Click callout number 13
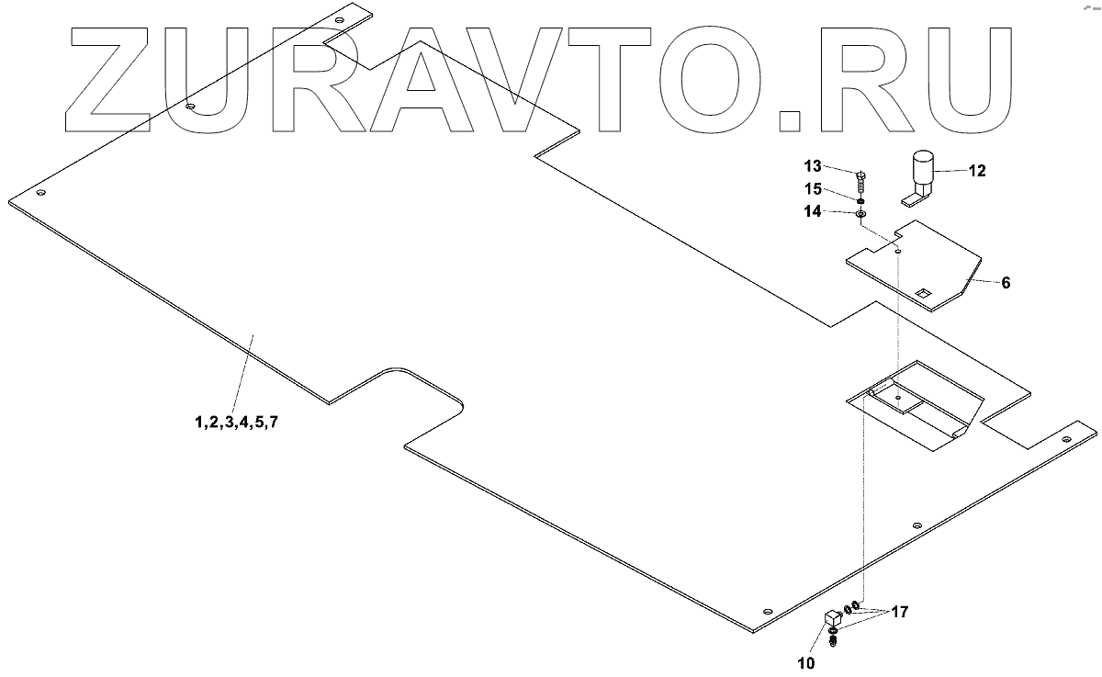813,166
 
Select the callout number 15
813,190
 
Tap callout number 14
813,212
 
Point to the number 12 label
975,171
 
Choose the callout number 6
1006,283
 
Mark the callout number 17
899,611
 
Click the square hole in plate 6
925,293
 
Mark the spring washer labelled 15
861,200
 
